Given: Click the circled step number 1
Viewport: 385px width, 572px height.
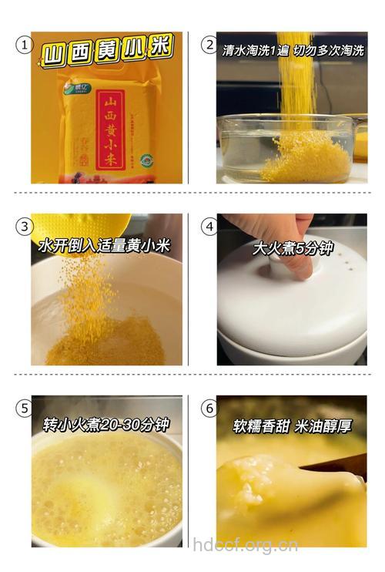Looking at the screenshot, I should (24, 45).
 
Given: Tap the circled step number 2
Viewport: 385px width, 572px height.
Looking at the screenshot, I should (209, 45).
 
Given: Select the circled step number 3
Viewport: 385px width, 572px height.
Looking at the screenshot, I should (24, 226).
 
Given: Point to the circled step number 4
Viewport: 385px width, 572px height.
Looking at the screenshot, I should (209, 226).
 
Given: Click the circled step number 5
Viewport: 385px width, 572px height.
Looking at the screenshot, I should (24, 408).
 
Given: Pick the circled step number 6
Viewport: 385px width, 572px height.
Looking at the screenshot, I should (209, 408).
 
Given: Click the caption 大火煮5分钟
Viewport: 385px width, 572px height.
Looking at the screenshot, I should (293, 248).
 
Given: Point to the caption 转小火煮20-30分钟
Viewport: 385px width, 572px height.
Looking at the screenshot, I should (105, 426).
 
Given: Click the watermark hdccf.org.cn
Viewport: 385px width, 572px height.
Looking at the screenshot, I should (246, 546).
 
